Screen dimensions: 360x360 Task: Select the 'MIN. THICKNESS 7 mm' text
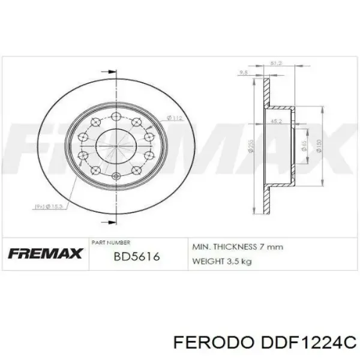(236, 247)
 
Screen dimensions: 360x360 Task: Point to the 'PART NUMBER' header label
(110, 242)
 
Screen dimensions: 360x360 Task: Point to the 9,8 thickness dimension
(244, 73)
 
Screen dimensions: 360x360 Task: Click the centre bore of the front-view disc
(115, 146)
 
